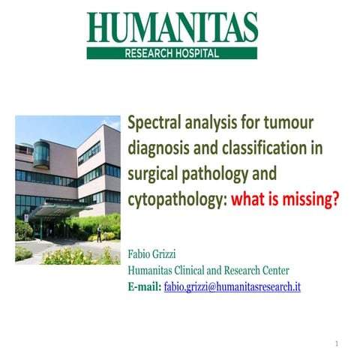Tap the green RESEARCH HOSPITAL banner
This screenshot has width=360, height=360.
pos(172,53)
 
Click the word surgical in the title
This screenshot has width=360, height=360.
pos(152,174)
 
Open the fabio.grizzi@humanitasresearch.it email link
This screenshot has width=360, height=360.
pos(232,286)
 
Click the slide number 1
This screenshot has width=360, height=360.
pos(337,343)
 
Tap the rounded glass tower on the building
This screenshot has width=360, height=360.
pos(41,154)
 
